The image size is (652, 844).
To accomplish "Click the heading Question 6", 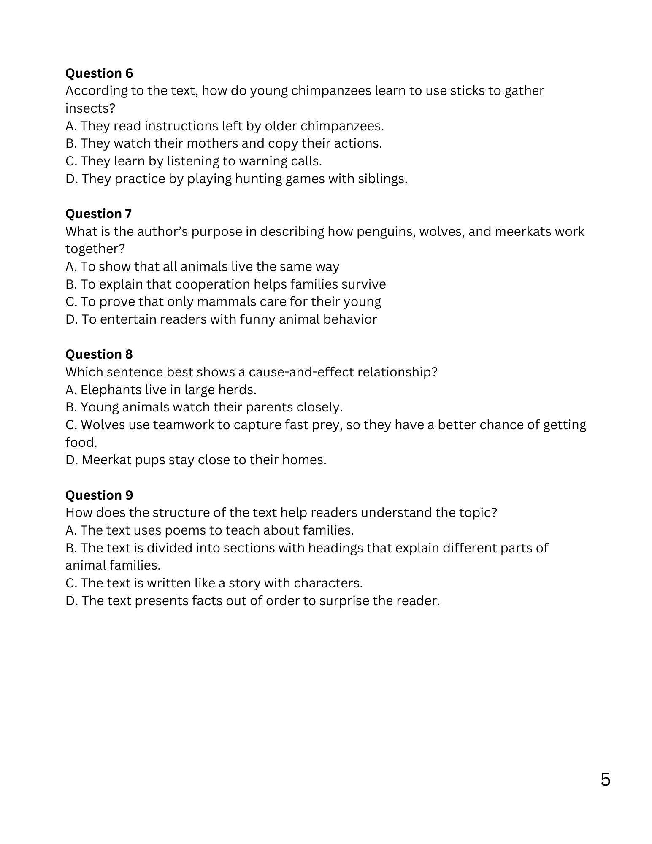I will pyautogui.click(x=99, y=73).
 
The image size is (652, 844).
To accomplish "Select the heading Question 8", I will pyautogui.click(x=99, y=354).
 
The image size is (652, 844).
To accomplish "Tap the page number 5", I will pyautogui.click(x=605, y=780).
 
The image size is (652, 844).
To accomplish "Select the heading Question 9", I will pyautogui.click(x=99, y=495).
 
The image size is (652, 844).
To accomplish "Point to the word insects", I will pyautogui.click(x=90, y=108).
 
